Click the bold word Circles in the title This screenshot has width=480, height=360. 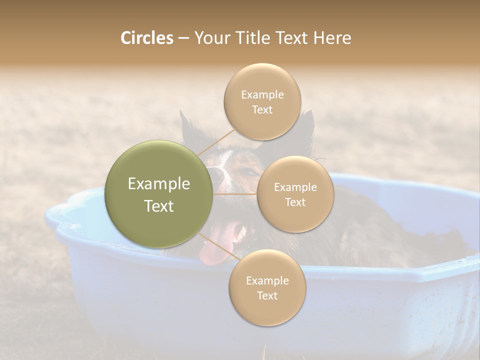[x=147, y=38]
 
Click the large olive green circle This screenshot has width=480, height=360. [x=159, y=194]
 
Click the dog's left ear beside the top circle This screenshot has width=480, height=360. [x=187, y=127]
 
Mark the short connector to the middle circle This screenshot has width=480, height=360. [x=235, y=194]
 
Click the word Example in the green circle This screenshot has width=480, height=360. [x=159, y=184]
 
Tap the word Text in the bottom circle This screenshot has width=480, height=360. [x=267, y=296]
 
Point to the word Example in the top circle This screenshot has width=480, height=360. [x=262, y=94]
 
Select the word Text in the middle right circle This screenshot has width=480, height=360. [x=295, y=202]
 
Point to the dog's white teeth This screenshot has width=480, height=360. [x=242, y=233]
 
